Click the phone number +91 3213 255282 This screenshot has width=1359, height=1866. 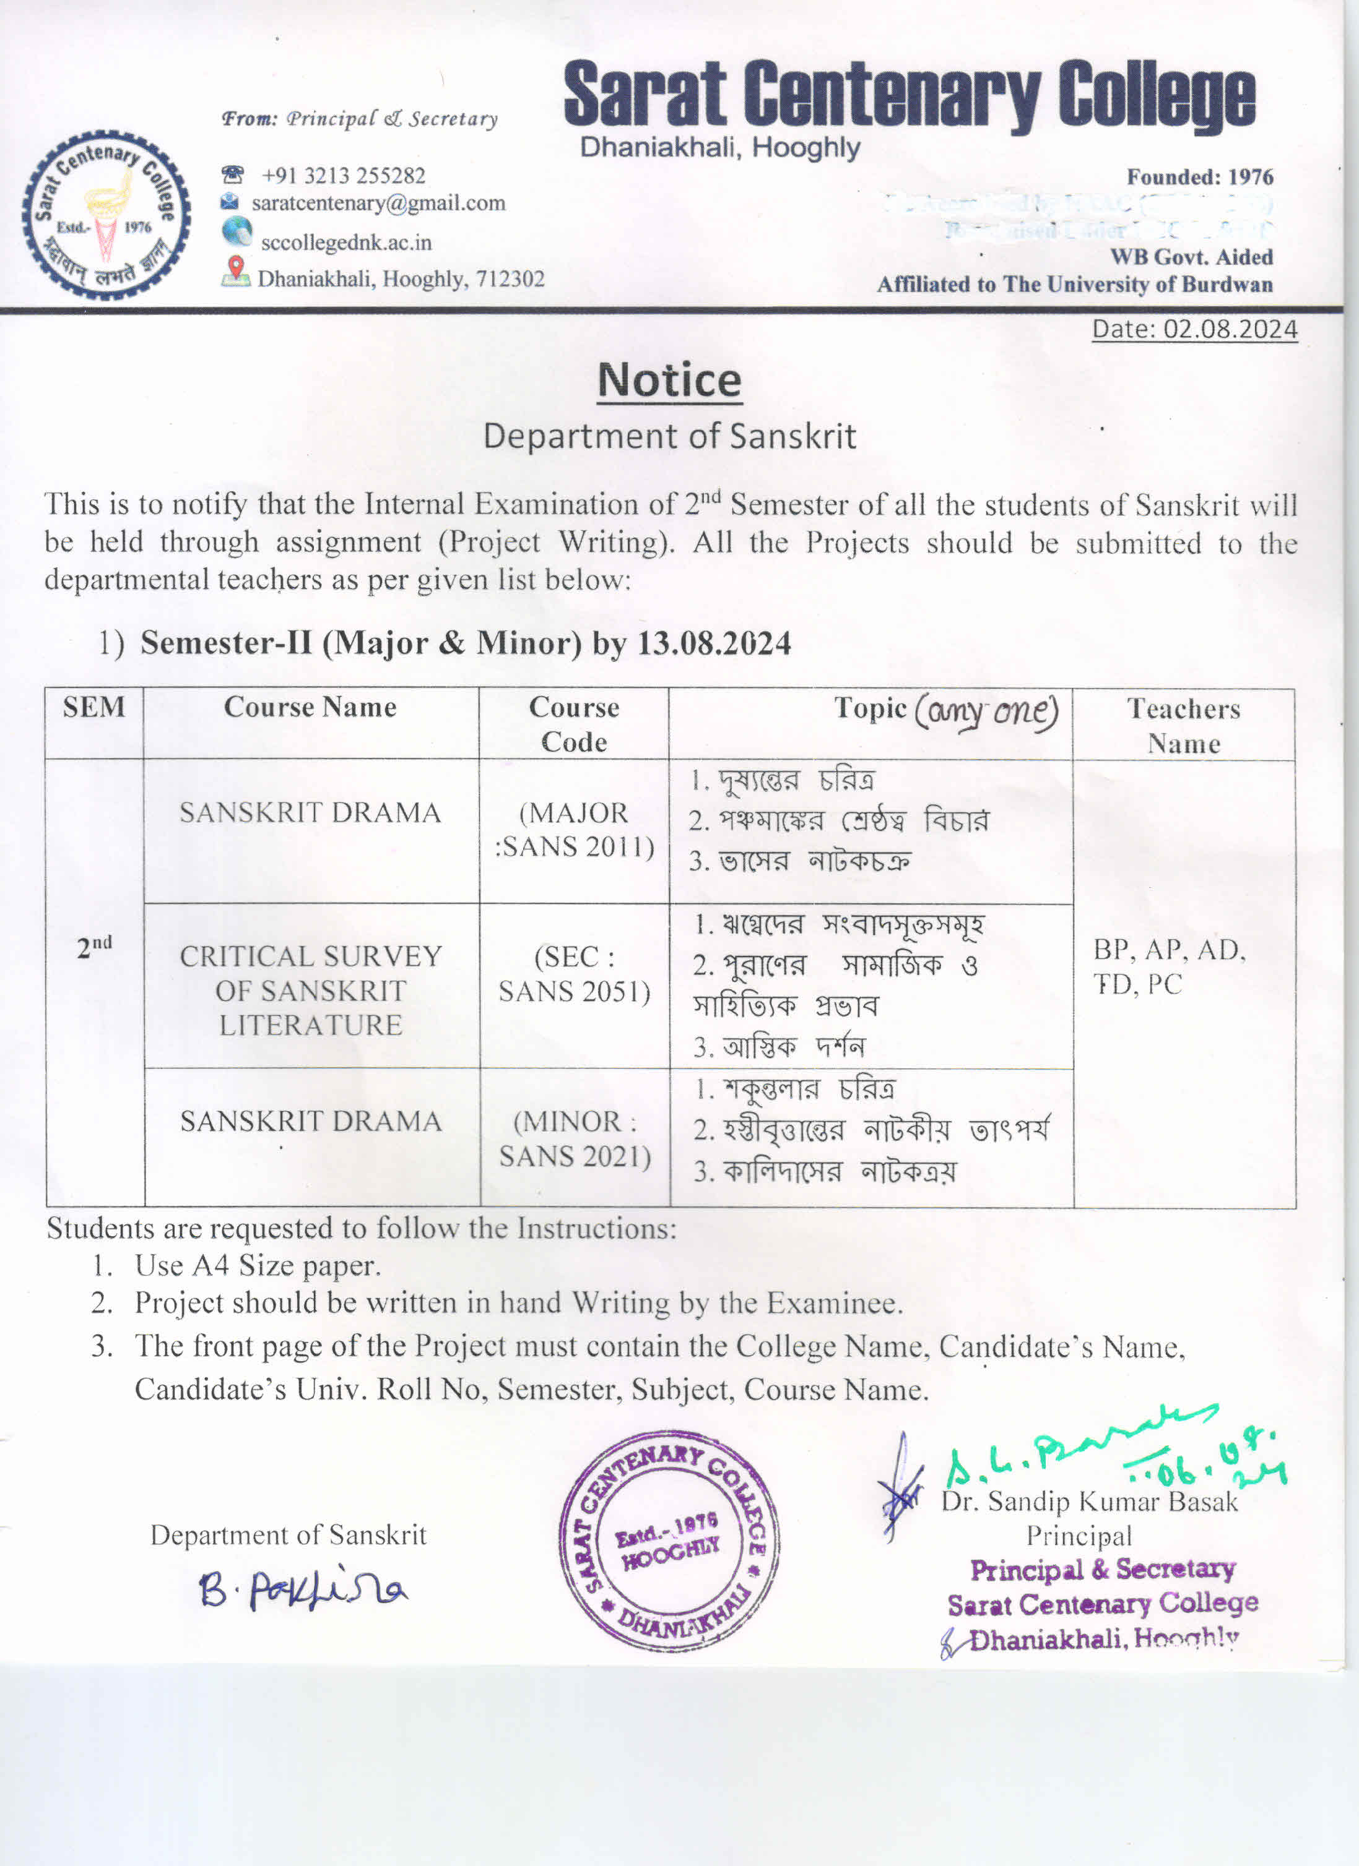click(342, 175)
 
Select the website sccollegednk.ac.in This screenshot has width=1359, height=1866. click(345, 243)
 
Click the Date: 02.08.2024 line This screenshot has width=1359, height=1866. click(1194, 329)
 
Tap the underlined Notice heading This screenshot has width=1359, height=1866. click(669, 381)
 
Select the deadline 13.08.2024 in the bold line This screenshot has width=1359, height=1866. click(714, 643)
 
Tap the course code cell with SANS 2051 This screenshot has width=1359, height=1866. click(574, 974)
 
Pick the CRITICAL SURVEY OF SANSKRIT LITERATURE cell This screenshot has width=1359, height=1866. click(311, 991)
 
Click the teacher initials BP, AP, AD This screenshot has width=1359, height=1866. click(1169, 950)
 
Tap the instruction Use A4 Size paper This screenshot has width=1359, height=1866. click(258, 1265)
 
